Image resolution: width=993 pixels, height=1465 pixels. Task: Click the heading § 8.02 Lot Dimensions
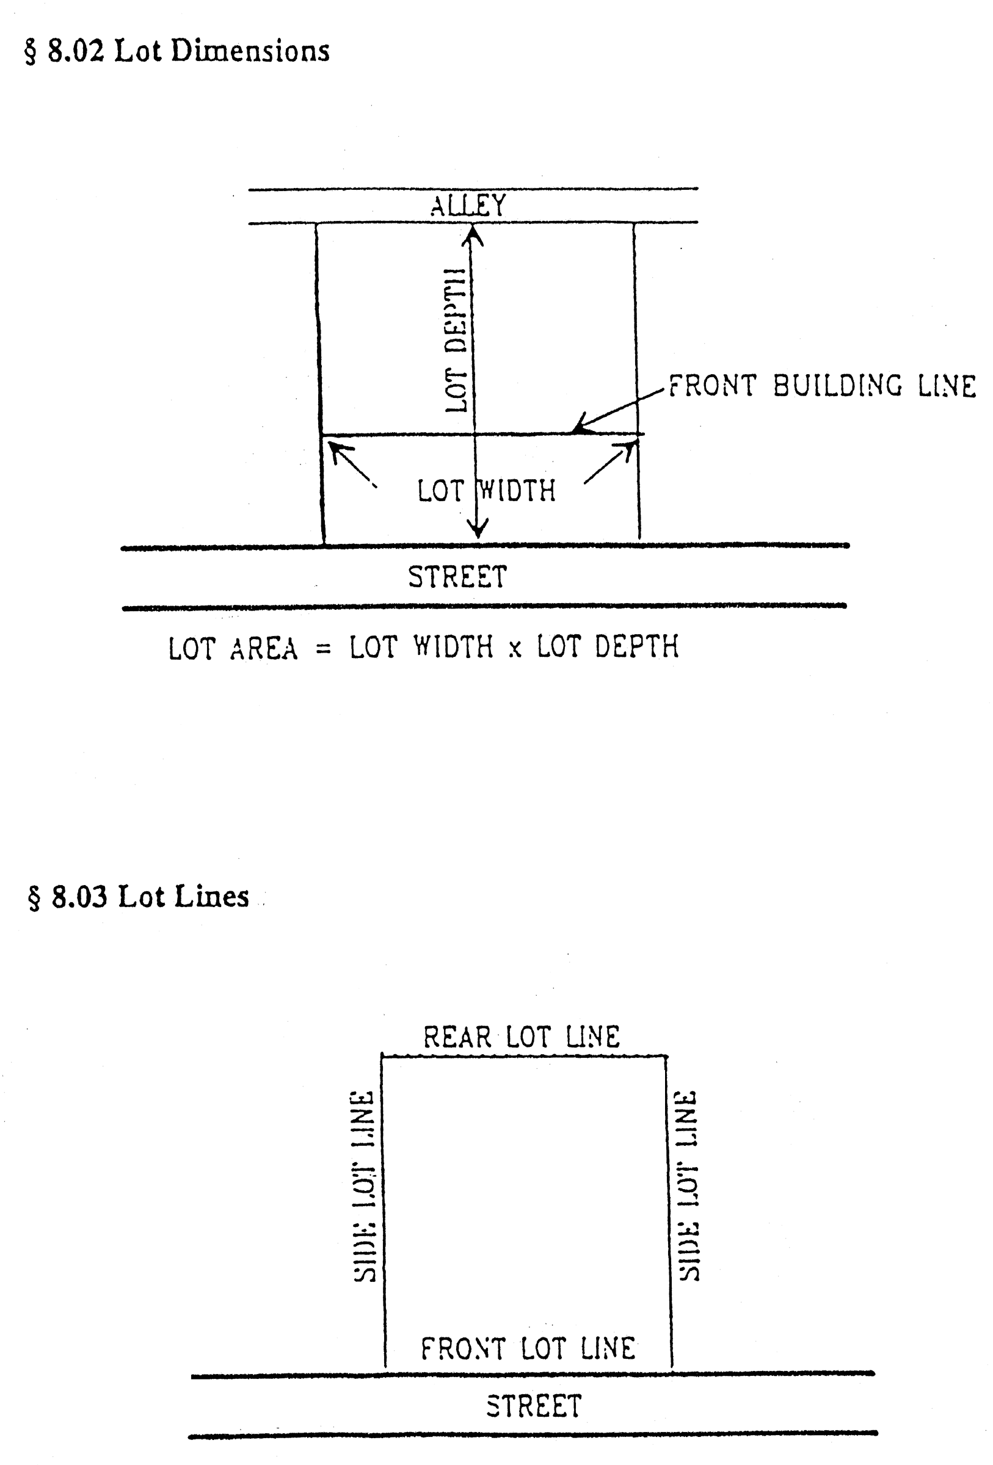[176, 51]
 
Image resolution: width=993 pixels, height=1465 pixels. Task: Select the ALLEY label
[468, 206]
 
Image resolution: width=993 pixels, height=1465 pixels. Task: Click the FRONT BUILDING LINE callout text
[822, 386]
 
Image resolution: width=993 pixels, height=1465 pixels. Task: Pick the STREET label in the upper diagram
[458, 577]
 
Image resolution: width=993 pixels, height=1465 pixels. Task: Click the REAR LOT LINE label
[522, 1037]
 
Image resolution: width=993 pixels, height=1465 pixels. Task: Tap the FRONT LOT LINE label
[528, 1349]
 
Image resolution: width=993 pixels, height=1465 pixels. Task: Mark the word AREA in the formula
[264, 648]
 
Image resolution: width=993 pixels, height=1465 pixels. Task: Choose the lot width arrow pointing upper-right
[609, 462]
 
